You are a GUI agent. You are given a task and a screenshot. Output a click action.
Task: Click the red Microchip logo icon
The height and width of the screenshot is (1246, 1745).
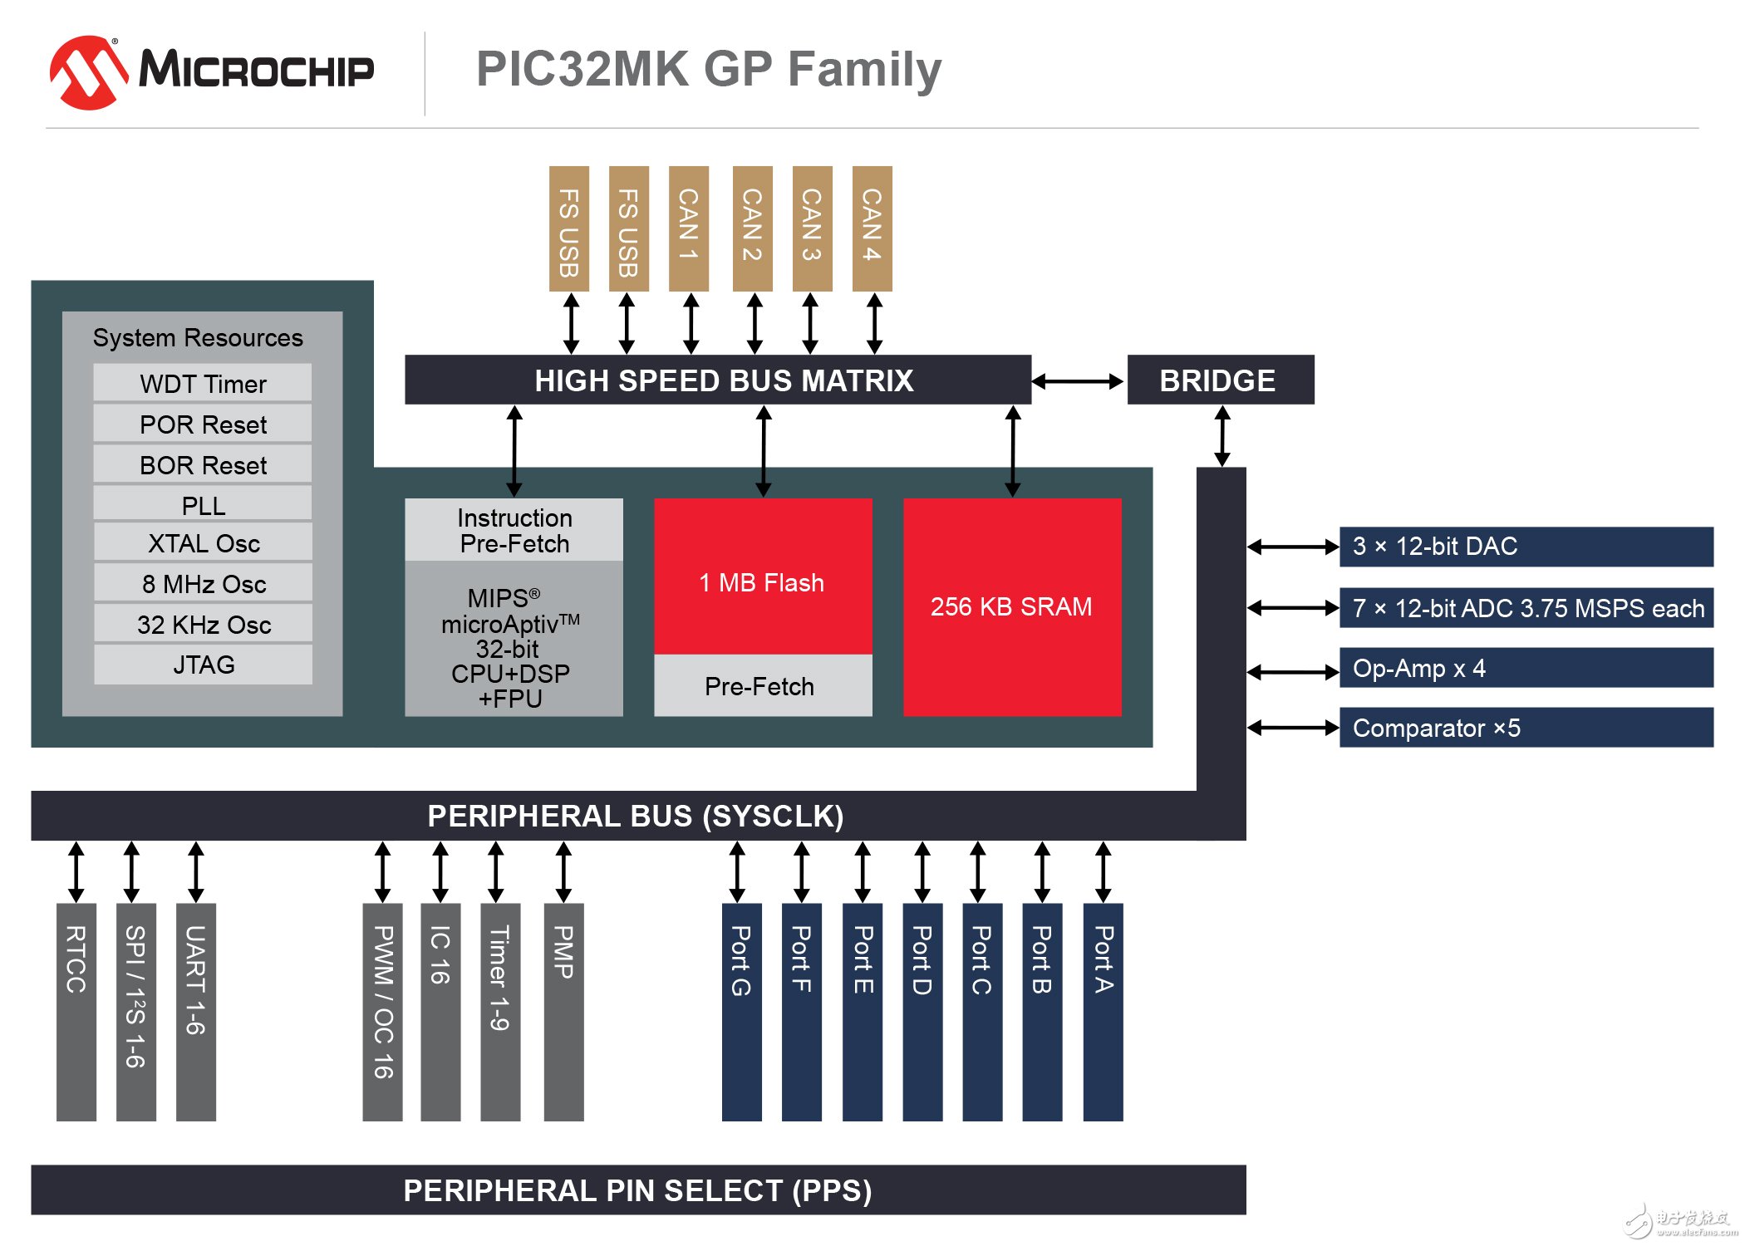(x=88, y=72)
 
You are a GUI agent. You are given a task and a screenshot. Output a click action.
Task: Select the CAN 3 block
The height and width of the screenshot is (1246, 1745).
(x=812, y=228)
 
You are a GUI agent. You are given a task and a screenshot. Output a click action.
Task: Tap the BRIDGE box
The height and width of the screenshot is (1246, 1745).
(x=1220, y=380)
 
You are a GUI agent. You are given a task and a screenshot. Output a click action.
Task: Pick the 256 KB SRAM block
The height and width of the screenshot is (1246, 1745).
(x=1012, y=606)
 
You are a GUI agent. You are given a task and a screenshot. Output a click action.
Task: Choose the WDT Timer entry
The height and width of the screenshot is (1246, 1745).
(x=203, y=384)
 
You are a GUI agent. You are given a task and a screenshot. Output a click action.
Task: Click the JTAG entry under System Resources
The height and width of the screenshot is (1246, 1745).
(x=203, y=665)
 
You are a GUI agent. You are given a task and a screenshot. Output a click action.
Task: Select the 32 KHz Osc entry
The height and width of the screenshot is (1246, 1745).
(x=203, y=625)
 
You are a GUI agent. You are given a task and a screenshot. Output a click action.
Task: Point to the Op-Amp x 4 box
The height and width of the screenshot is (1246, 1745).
(x=1526, y=668)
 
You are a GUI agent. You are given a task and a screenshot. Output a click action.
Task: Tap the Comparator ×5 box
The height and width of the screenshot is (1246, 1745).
(x=1526, y=728)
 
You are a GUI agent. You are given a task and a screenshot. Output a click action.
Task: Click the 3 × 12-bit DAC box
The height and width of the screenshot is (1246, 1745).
(x=1526, y=547)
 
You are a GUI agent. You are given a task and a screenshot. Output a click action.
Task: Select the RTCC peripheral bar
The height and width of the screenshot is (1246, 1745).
(x=76, y=1012)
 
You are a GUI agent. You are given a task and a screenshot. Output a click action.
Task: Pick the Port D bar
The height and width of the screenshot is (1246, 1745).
(x=922, y=1012)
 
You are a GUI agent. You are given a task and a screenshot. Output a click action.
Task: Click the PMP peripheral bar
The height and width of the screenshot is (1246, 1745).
(x=563, y=1012)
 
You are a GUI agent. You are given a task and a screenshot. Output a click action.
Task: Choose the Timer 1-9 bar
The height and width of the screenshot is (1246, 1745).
(x=500, y=1012)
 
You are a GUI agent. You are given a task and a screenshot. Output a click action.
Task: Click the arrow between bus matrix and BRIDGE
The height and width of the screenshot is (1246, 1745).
(x=1078, y=381)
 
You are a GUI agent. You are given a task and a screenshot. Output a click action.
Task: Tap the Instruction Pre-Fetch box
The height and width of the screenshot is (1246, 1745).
(x=514, y=530)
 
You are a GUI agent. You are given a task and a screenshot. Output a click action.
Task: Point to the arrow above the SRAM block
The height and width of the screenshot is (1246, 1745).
(x=1012, y=451)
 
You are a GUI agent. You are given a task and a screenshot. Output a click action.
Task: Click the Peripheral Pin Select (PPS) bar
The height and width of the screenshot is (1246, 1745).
(x=638, y=1190)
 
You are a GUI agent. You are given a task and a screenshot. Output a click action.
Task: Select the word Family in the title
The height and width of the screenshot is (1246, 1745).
(x=864, y=70)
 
